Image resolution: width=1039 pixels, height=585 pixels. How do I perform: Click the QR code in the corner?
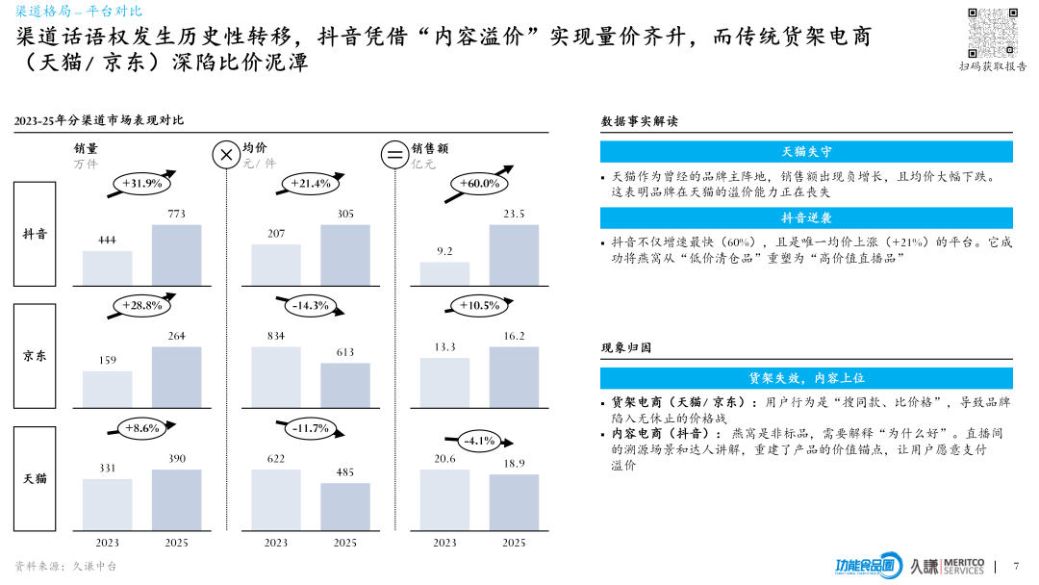pyautogui.click(x=992, y=32)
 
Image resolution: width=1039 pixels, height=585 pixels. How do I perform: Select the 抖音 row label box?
pyautogui.click(x=35, y=234)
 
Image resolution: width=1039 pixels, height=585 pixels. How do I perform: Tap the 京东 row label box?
pyautogui.click(x=35, y=355)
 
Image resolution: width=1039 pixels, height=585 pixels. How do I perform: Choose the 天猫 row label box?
pyautogui.click(x=35, y=478)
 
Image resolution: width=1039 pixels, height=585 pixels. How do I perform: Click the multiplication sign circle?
pyautogui.click(x=226, y=154)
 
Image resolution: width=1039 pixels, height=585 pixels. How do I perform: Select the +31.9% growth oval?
pyautogui.click(x=142, y=183)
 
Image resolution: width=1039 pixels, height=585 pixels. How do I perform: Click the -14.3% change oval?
pyautogui.click(x=310, y=305)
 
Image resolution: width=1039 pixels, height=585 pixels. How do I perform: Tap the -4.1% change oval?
pyautogui.click(x=479, y=441)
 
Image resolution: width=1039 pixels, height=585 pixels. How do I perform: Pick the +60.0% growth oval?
pyautogui.click(x=479, y=183)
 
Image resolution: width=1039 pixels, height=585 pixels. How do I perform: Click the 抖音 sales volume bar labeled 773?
pyautogui.click(x=177, y=255)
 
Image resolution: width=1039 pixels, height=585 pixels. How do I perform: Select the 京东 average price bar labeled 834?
pyautogui.click(x=276, y=377)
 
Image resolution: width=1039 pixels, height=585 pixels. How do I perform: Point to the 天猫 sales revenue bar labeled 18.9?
pyautogui.click(x=514, y=502)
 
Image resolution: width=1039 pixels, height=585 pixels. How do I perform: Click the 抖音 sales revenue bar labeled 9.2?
pyautogui.click(x=444, y=273)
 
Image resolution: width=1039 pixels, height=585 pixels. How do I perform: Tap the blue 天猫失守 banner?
pyautogui.click(x=806, y=152)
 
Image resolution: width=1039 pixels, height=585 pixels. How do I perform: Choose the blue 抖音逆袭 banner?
pyautogui.click(x=806, y=218)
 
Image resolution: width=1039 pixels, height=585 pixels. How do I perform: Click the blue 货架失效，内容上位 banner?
pyautogui.click(x=806, y=378)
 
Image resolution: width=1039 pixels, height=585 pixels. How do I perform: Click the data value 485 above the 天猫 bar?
pyautogui.click(x=345, y=472)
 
